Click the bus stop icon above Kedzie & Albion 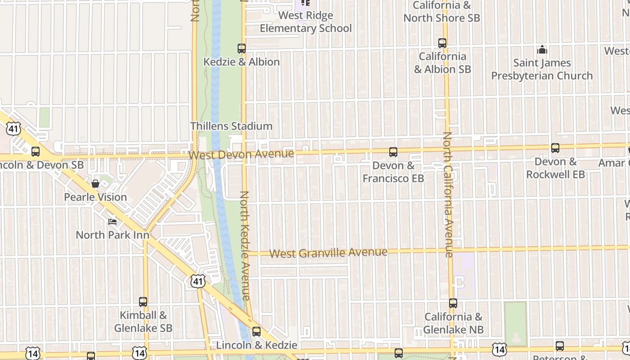pyautogui.click(x=242, y=48)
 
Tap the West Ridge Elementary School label pyautogui.click(x=306, y=22)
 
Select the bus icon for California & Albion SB pyautogui.click(x=442, y=43)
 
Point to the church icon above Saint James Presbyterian pyautogui.click(x=542, y=49)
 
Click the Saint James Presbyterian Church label pyautogui.click(x=542, y=69)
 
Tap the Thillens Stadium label pyautogui.click(x=231, y=126)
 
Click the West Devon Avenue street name pyautogui.click(x=241, y=155)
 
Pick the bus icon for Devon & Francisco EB pyautogui.click(x=393, y=152)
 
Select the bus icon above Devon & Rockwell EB pyautogui.click(x=555, y=148)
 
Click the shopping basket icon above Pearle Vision pyautogui.click(x=95, y=184)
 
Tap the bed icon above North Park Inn pyautogui.click(x=112, y=221)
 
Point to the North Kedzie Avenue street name pyautogui.click(x=245, y=246)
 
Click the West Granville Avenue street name pyautogui.click(x=328, y=252)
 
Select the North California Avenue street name pyautogui.click(x=448, y=194)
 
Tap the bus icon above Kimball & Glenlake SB pyautogui.click(x=143, y=302)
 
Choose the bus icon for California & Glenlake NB pyautogui.click(x=453, y=303)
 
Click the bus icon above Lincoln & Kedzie pyautogui.click(x=256, y=332)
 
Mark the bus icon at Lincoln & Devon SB pyautogui.click(x=36, y=152)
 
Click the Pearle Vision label pyautogui.click(x=95, y=197)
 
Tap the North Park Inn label pyautogui.click(x=112, y=235)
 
